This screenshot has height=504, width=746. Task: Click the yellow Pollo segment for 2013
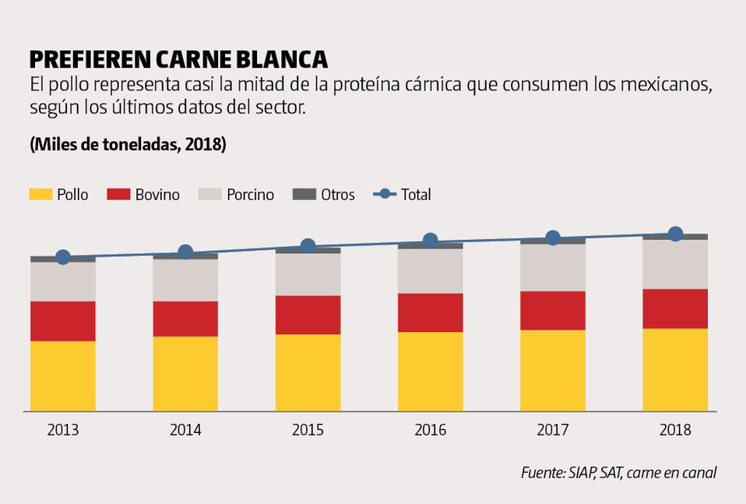63,375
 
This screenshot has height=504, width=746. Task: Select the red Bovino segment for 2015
308,315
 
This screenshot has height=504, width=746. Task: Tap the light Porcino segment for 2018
675,264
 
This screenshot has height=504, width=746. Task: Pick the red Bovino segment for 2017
553,310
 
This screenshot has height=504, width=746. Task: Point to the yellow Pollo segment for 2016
430,371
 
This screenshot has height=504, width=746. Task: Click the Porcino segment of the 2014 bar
185,280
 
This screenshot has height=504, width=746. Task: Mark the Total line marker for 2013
63,257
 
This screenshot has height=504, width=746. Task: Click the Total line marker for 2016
430,241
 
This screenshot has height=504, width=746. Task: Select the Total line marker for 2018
675,234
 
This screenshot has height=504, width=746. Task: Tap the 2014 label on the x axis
185,430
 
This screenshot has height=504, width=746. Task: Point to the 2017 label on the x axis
553,430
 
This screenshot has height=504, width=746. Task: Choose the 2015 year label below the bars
308,430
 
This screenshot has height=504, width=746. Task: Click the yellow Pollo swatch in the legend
40,194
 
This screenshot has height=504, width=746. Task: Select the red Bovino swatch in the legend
118,194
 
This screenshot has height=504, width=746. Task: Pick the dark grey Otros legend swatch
304,194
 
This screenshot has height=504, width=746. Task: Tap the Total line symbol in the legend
385,194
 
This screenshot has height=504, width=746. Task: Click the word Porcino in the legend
250,195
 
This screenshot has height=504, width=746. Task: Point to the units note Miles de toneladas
128,145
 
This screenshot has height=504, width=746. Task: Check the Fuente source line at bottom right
618,473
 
